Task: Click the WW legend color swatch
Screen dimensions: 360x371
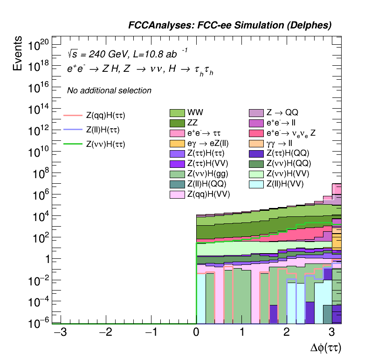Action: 177,113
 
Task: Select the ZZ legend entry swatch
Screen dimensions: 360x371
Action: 177,123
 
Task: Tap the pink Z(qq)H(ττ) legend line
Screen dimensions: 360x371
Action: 72,115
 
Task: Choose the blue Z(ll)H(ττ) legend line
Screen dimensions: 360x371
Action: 72,129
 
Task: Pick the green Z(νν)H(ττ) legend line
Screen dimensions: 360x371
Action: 72,144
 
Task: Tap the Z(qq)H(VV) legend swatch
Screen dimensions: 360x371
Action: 177,194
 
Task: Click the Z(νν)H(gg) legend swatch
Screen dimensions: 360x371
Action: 177,174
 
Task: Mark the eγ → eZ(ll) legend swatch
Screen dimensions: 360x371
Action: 177,143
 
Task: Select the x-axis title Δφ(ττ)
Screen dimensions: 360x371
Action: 329,347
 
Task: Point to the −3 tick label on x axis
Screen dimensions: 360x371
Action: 59,332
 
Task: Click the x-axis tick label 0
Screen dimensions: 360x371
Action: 196,332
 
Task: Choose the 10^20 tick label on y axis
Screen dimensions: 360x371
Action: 38,46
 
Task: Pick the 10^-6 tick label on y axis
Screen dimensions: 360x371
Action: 38,323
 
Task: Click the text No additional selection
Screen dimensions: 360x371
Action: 109,90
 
